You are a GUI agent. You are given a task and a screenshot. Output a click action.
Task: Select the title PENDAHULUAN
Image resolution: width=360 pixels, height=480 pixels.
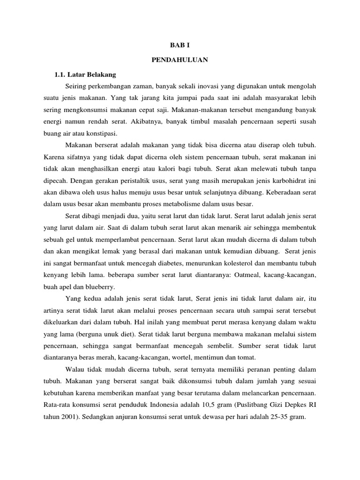180,60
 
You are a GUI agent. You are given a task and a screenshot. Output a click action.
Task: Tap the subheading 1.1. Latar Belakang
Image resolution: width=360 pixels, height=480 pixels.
85,74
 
